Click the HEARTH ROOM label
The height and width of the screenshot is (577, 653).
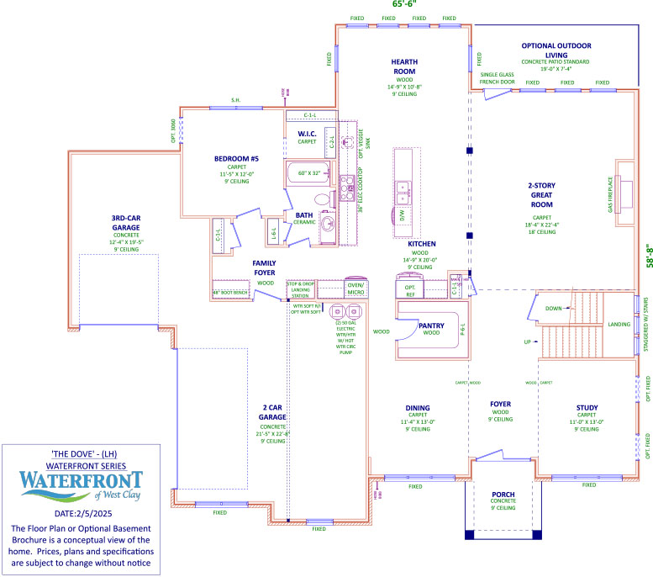point(404,66)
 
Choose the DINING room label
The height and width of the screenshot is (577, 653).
point(418,408)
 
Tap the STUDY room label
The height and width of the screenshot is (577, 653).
point(587,408)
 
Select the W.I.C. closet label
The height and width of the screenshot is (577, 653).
point(307,134)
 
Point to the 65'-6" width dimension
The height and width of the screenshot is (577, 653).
point(404,4)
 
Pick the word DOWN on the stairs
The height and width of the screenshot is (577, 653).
point(554,308)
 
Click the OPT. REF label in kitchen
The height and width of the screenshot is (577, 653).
point(410,291)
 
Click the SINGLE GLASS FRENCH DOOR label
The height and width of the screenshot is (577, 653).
point(497,78)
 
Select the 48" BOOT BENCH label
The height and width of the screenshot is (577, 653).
point(229,293)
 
